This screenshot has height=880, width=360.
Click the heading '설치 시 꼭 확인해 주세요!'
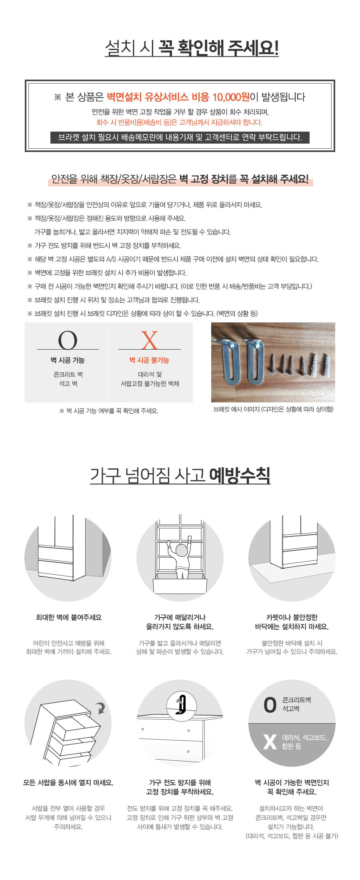[x=192, y=48]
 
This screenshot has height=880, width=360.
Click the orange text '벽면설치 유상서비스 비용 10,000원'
[x=178, y=97]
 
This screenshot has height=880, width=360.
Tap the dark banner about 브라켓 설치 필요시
[x=180, y=137]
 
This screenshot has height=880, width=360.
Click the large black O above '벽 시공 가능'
[x=68, y=340]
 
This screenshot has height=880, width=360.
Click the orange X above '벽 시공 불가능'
[x=150, y=340]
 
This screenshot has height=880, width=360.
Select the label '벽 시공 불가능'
[x=149, y=360]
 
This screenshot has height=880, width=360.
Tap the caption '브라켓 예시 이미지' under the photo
[x=273, y=409]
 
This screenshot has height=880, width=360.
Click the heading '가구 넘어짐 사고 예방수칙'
[x=180, y=476]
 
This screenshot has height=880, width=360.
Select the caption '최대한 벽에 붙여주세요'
[x=68, y=617]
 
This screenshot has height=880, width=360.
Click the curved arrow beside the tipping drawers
[x=101, y=709]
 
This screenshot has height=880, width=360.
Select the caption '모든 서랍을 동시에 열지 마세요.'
[x=68, y=783]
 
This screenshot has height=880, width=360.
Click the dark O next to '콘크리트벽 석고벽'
[x=270, y=705]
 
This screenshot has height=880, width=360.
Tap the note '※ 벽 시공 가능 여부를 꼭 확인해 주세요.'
[x=109, y=411]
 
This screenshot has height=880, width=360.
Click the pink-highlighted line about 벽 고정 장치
[x=180, y=179]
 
